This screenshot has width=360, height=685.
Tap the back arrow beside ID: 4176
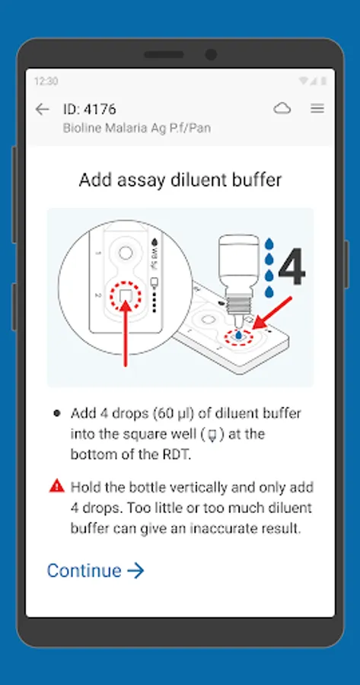tap(43, 109)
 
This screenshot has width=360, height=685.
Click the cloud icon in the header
tap(282, 108)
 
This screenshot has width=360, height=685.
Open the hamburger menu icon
tap(317, 108)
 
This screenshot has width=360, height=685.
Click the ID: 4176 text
tap(90, 109)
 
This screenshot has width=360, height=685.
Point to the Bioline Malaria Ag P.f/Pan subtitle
tap(137, 128)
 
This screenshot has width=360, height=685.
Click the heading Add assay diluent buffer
tap(180, 180)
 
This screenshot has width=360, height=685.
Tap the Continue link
tap(95, 571)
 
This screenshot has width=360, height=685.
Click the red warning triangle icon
tap(57, 486)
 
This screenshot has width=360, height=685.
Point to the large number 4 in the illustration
tap(292, 267)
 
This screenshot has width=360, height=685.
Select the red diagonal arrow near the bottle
tap(272, 313)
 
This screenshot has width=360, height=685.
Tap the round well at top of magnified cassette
tap(126, 253)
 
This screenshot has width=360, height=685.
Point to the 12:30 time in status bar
tap(46, 81)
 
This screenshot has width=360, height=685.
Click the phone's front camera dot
tap(211, 55)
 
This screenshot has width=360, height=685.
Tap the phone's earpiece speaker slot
tap(164, 55)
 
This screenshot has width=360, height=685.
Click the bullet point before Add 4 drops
tap(57, 413)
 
